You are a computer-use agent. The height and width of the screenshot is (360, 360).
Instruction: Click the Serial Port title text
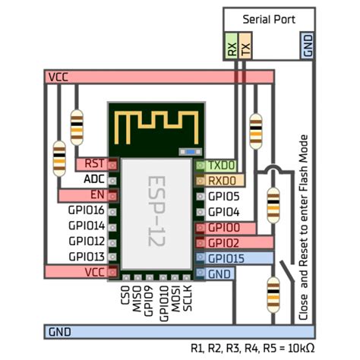269,20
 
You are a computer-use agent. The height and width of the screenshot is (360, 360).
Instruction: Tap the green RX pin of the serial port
232,46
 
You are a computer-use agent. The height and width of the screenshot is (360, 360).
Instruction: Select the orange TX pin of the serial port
245,46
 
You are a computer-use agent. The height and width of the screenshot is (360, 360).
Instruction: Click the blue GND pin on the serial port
308,46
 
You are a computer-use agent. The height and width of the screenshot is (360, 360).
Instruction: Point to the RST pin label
94,163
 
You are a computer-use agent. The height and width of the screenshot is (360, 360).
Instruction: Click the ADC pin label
94,179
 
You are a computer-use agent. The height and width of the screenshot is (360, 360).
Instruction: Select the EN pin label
97,195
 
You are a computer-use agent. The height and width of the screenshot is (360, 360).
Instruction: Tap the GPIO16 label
87,210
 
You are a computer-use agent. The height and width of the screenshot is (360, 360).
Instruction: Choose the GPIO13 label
87,257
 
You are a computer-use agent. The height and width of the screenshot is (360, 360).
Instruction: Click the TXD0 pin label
222,166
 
